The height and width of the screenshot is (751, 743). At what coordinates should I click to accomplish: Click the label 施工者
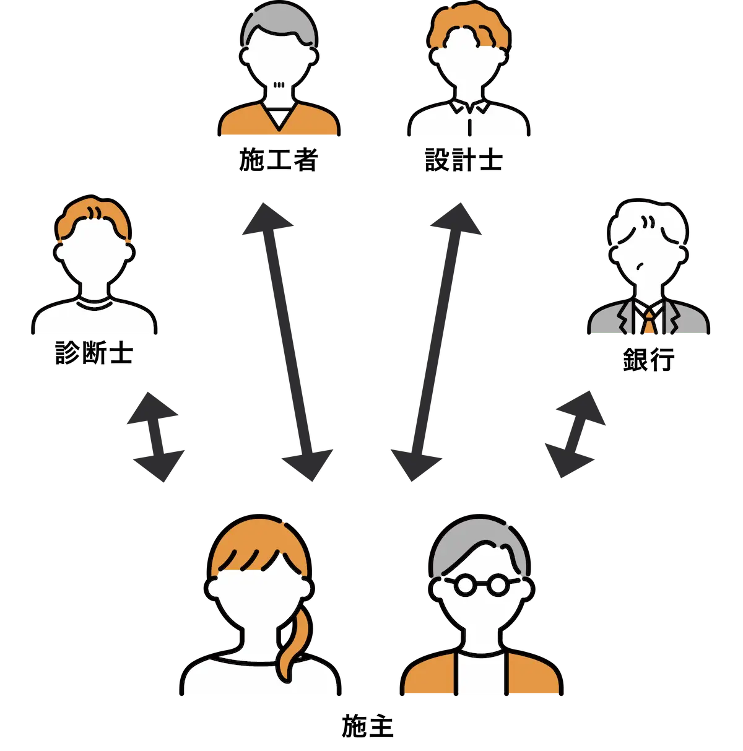tap(279, 159)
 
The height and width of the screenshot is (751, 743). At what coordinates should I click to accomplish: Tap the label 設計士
tap(464, 159)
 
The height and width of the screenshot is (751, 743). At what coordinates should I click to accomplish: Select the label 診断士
tap(94, 353)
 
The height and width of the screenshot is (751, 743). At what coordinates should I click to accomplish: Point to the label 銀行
tap(648, 359)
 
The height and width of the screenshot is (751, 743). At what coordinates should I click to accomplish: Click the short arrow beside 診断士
tap(155, 437)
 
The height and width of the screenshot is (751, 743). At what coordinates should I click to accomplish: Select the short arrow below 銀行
tap(575, 434)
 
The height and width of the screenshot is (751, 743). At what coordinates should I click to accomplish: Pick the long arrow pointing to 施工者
tap(288, 342)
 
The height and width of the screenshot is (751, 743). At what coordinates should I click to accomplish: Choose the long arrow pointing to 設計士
tap(436, 342)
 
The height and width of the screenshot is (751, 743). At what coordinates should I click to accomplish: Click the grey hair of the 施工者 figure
tap(279, 22)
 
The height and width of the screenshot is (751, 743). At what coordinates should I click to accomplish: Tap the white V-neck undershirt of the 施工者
tap(279, 117)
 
